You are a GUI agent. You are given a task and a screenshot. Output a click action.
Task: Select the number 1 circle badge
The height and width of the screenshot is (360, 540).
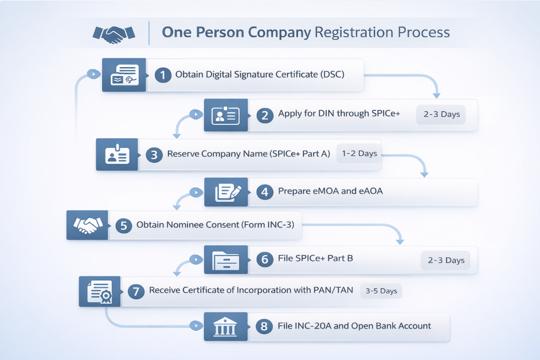[163, 75]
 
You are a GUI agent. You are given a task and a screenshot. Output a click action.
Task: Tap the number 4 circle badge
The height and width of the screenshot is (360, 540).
[264, 191]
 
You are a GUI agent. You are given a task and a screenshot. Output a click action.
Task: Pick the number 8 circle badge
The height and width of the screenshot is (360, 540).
[264, 327]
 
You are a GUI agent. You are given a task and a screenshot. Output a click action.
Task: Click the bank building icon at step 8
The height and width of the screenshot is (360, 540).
[225, 327]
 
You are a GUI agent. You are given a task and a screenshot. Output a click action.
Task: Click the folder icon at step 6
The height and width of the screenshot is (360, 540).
[225, 260]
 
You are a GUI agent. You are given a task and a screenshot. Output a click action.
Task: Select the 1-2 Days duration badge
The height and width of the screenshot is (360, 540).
[359, 154]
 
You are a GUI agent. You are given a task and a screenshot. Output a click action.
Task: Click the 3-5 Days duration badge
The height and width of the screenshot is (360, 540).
[381, 291]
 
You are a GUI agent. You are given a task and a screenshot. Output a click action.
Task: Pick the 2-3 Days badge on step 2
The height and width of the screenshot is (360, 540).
[441, 114]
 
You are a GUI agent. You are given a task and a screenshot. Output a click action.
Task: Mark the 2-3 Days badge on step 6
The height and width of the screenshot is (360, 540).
[446, 260]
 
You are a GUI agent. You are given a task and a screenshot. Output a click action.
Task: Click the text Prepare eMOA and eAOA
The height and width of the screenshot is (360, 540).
[330, 191]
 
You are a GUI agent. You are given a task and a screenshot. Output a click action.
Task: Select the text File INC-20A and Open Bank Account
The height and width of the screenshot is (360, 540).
[354, 326]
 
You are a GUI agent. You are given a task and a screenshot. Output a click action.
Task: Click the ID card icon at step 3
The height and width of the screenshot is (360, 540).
[117, 155]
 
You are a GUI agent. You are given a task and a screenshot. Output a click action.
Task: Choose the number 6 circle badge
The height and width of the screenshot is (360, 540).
[264, 259]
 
